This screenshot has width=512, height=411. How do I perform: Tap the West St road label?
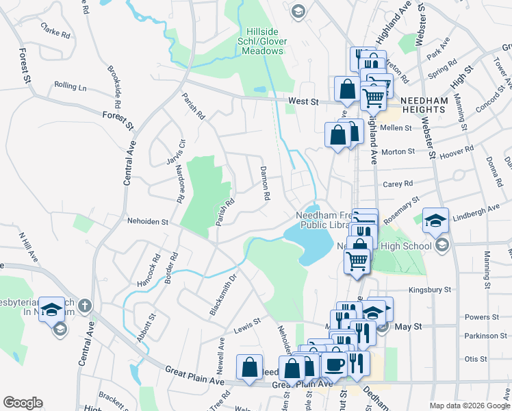[304, 101]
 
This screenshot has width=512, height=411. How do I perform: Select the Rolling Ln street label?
[71, 87]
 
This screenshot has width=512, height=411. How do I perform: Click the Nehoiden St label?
[148, 221]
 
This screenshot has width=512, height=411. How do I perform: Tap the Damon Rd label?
[264, 183]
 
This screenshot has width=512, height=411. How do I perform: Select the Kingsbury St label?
[430, 290]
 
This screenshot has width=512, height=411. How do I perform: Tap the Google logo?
[23, 403]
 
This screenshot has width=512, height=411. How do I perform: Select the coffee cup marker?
[335, 363]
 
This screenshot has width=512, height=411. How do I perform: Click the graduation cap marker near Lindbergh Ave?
[435, 221]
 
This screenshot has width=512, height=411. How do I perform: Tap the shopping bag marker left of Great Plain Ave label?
[250, 367]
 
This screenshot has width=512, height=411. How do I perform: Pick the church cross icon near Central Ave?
[84, 305]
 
